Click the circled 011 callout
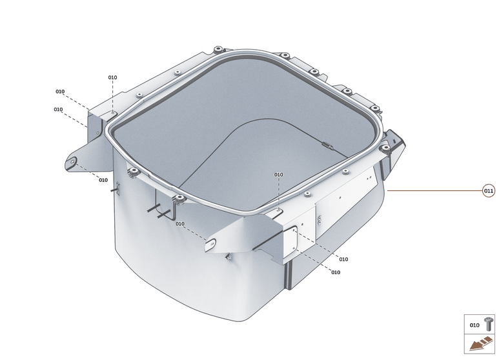click(489, 190)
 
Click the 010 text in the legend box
click(474, 325)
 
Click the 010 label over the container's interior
click(278, 175)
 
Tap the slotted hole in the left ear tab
click(74, 160)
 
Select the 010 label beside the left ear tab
click(103, 180)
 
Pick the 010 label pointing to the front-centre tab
click(179, 224)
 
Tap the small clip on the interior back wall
click(326, 145)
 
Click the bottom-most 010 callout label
click(336, 272)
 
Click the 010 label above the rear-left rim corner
click(112, 77)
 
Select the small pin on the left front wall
click(118, 188)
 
